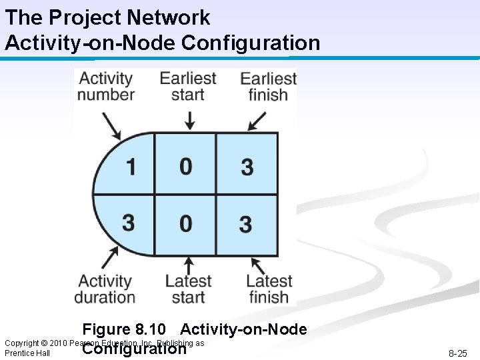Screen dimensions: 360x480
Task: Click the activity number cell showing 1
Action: coord(130,165)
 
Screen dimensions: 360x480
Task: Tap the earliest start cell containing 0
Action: coord(185,165)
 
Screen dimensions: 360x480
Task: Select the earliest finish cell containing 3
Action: coord(247,166)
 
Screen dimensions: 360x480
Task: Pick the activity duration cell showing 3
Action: coord(129,222)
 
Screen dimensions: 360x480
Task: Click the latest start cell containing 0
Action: coord(185,223)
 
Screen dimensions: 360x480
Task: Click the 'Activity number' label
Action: coord(106,86)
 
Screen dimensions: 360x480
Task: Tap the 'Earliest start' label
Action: coord(187,86)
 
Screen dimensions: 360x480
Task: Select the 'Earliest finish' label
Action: coord(268,87)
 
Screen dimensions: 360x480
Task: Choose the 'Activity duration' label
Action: coord(105,289)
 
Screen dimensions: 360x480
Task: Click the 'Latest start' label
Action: coord(188,289)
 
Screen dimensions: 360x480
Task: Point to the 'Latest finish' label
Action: coord(269,289)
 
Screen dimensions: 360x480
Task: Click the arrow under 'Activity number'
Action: coord(111,124)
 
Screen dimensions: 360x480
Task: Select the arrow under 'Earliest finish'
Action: coord(256,121)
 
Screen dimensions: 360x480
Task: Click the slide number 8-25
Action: coord(457,353)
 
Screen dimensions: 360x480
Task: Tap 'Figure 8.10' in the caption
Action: coord(123,329)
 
